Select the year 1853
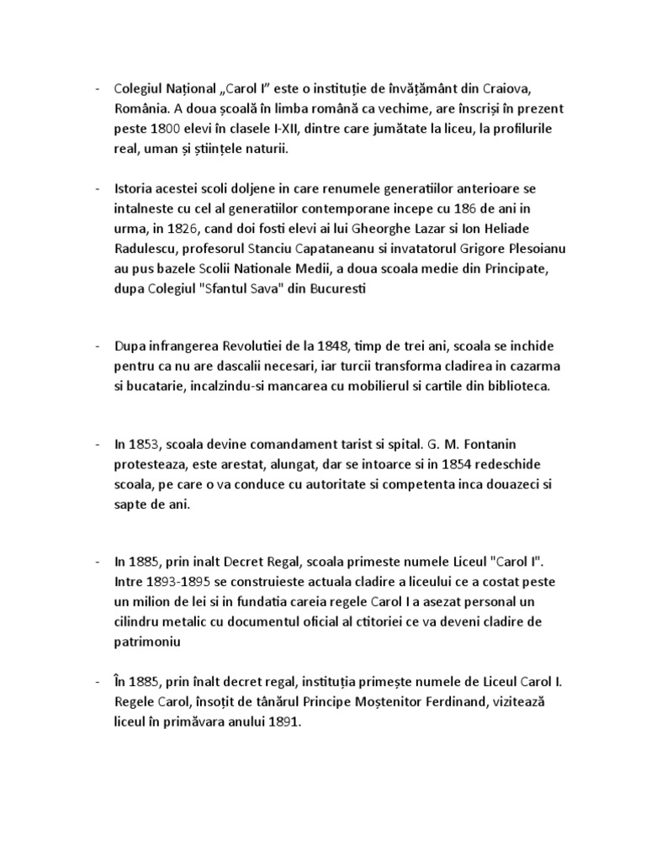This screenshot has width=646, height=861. coord(146,443)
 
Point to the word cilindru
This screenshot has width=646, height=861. coord(140,622)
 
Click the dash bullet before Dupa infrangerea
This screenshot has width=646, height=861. coord(97,347)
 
